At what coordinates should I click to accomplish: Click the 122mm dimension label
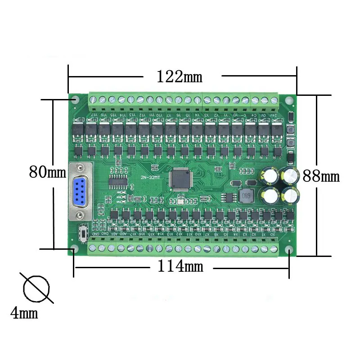[179, 76]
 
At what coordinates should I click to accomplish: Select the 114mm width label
[180, 266]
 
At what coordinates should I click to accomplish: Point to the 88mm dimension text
[321, 175]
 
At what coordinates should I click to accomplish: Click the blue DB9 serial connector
[81, 192]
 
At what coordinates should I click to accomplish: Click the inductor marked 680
[246, 196]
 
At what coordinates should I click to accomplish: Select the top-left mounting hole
[75, 99]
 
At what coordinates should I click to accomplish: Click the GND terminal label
[95, 234]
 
